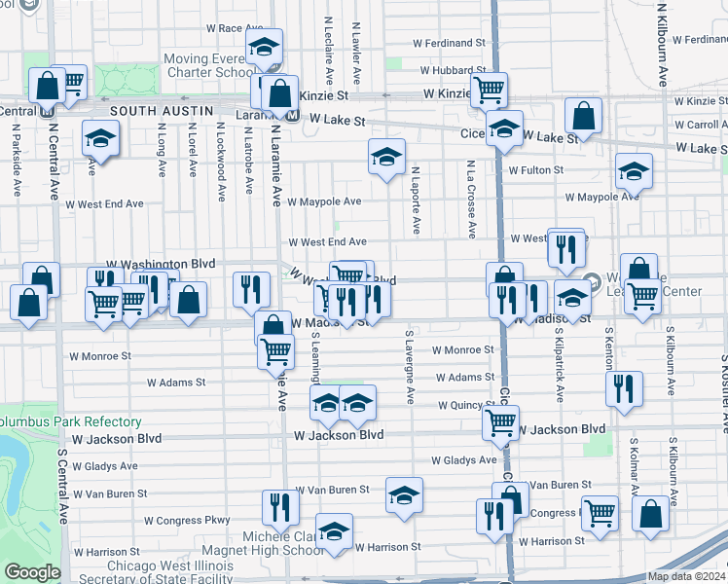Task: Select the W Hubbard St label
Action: pyautogui.click(x=453, y=70)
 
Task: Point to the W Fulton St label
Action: pyautogui.click(x=535, y=170)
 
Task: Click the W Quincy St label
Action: pyautogui.click(x=467, y=405)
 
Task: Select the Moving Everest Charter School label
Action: pyautogui.click(x=209, y=65)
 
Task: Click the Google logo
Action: pyautogui.click(x=32, y=572)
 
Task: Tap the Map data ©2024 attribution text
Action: pyautogui.click(x=687, y=576)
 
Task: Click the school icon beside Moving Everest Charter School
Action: pyautogui.click(x=263, y=48)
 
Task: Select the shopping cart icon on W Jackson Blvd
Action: pyautogui.click(x=500, y=422)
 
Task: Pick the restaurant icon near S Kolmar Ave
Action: pyautogui.click(x=624, y=388)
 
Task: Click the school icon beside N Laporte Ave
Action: pyautogui.click(x=386, y=157)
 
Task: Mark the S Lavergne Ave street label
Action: pyautogui.click(x=410, y=369)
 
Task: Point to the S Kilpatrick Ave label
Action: pyautogui.click(x=560, y=365)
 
